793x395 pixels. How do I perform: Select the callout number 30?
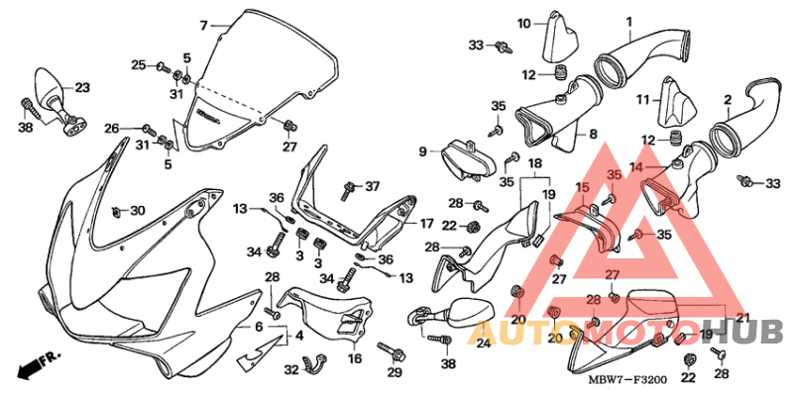click(137, 211)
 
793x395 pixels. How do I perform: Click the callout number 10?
click(523, 22)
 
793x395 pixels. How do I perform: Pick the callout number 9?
click(422, 151)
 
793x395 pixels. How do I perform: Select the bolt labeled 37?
click(349, 186)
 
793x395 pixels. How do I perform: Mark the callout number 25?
click(139, 65)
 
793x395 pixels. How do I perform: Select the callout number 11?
click(642, 99)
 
